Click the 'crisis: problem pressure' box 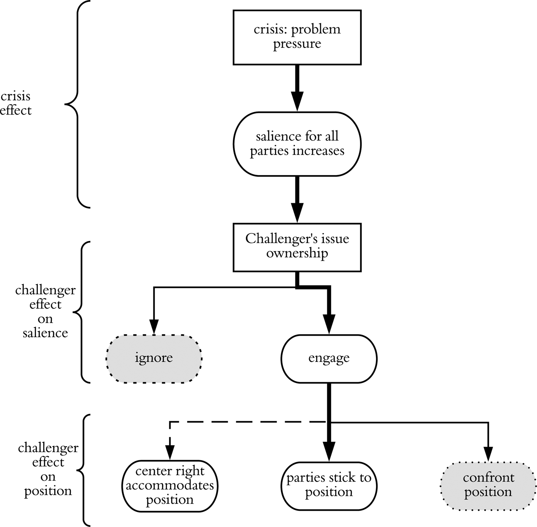(x=297, y=37)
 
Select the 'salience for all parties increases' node (x=297, y=144)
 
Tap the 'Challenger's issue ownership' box (x=297, y=247)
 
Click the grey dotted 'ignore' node (x=154, y=358)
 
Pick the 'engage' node (x=329, y=358)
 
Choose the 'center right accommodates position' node (x=170, y=486)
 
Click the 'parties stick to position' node (x=329, y=486)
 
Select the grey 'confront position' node (x=488, y=486)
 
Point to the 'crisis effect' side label (x=16, y=103)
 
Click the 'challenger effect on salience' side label (x=45, y=311)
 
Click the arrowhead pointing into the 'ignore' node (x=154, y=327)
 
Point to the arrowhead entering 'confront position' (x=488, y=454)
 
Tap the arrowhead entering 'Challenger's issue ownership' (x=297, y=213)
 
